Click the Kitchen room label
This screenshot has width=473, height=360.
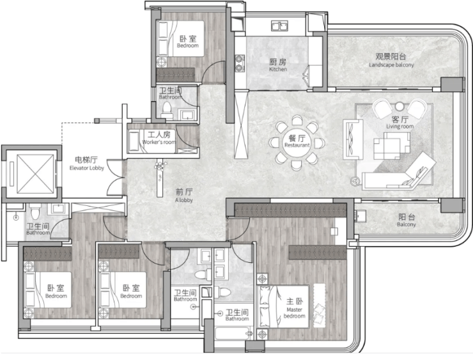(x=278, y=65)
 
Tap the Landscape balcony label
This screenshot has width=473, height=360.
(x=391, y=60)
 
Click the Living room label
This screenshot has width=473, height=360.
(x=400, y=122)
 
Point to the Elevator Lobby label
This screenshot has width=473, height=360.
(x=86, y=163)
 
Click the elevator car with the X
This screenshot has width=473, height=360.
(x=35, y=174)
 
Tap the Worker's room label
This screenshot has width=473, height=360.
(x=159, y=137)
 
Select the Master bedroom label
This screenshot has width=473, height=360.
(x=295, y=308)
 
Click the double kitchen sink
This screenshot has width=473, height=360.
(x=279, y=26)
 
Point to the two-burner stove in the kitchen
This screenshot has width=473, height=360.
(x=240, y=63)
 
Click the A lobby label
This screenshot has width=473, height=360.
(x=184, y=195)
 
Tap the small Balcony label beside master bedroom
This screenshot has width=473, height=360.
(x=407, y=221)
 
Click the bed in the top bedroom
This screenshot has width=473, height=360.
(x=180, y=38)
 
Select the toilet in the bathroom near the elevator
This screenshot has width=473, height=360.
(x=35, y=211)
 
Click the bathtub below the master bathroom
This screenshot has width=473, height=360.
(x=233, y=333)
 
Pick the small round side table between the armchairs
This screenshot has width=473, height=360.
(x=399, y=106)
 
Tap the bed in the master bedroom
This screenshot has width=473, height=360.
(x=284, y=306)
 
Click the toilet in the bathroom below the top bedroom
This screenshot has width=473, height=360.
(x=167, y=110)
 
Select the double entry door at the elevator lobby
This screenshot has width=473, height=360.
(x=115, y=178)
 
